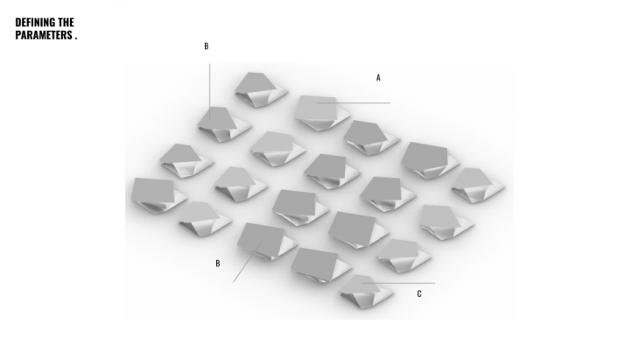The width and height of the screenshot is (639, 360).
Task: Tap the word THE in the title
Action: click(66, 22)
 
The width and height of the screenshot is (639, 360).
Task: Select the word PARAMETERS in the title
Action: click(44, 35)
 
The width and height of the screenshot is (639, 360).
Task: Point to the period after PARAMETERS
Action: click(76, 39)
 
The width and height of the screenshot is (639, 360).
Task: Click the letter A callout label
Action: click(378, 77)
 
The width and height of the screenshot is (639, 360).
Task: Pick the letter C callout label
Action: click(419, 294)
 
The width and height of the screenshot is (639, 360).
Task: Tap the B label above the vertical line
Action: click(207, 46)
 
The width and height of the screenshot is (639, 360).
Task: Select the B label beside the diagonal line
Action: click(218, 264)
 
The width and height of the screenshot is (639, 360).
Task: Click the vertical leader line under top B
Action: click(210, 91)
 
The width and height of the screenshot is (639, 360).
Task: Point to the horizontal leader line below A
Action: click(354, 102)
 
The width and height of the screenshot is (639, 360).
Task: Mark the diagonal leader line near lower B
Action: click(248, 261)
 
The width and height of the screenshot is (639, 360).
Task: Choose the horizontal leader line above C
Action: click(398, 283)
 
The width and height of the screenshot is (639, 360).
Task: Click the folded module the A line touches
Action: click(322, 113)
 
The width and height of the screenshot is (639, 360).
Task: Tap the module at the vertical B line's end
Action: click(224, 124)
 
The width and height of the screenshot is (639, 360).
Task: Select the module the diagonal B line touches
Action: click(267, 242)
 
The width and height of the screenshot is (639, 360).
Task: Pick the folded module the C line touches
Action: click(366, 292)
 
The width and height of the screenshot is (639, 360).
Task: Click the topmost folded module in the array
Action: click(261, 89)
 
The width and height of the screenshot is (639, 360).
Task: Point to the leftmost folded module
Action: click(158, 195)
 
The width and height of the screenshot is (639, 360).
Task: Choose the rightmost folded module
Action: click(478, 185)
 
